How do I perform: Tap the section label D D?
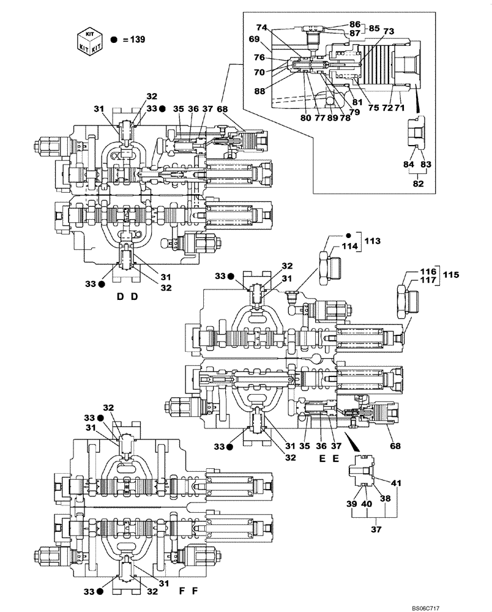click(x=127, y=297)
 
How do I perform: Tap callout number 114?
click(x=349, y=247)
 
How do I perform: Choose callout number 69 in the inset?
click(x=255, y=39)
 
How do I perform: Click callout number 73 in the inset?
click(x=388, y=31)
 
